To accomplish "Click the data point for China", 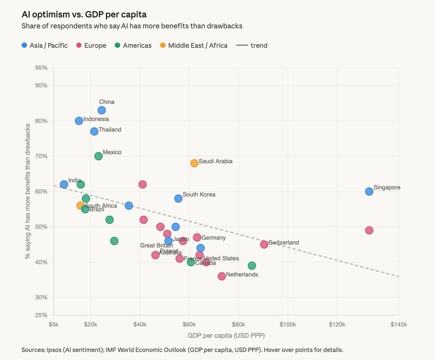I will (x=101, y=110).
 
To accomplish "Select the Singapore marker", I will (x=369, y=191).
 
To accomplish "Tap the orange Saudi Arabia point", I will (x=194, y=163).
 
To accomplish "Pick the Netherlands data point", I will (x=222, y=276).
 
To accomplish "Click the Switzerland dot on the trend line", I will (x=264, y=244).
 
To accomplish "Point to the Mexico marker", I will (x=98, y=156).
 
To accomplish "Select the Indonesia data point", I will (x=79, y=121).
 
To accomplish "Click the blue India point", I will (x=64, y=184).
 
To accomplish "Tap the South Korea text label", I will (x=199, y=195).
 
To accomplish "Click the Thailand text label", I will (x=110, y=130).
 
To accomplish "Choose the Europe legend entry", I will (x=91, y=45).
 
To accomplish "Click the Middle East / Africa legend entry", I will (x=194, y=45).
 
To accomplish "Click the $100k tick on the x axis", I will (x=288, y=324).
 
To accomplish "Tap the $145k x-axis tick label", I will (x=398, y=324).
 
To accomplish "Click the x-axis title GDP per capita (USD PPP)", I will (x=226, y=335).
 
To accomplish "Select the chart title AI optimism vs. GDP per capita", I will (x=84, y=15).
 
